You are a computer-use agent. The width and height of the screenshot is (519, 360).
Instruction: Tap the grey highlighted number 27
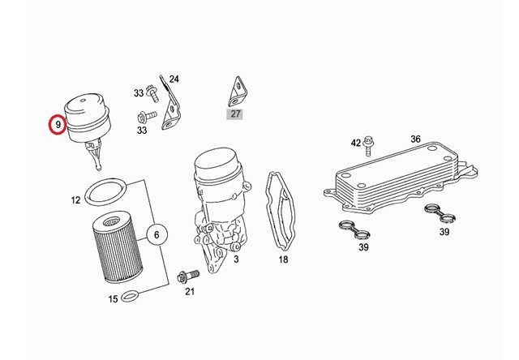(x=236, y=114)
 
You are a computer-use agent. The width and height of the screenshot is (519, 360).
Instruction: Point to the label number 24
(x=174, y=79)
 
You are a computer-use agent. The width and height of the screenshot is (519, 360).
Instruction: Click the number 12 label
(x=75, y=199)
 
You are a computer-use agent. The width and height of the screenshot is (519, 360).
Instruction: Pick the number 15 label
(x=114, y=299)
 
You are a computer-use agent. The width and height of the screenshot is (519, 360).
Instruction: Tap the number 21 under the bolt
(x=190, y=291)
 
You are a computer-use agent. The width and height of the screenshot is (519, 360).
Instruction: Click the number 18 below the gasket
(x=283, y=259)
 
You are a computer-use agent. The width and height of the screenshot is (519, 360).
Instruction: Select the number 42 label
(x=355, y=143)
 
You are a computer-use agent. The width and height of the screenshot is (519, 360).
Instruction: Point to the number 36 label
(x=415, y=139)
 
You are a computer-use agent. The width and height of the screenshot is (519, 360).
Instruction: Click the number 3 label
(x=236, y=259)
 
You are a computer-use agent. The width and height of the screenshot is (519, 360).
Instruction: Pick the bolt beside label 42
(x=370, y=144)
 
